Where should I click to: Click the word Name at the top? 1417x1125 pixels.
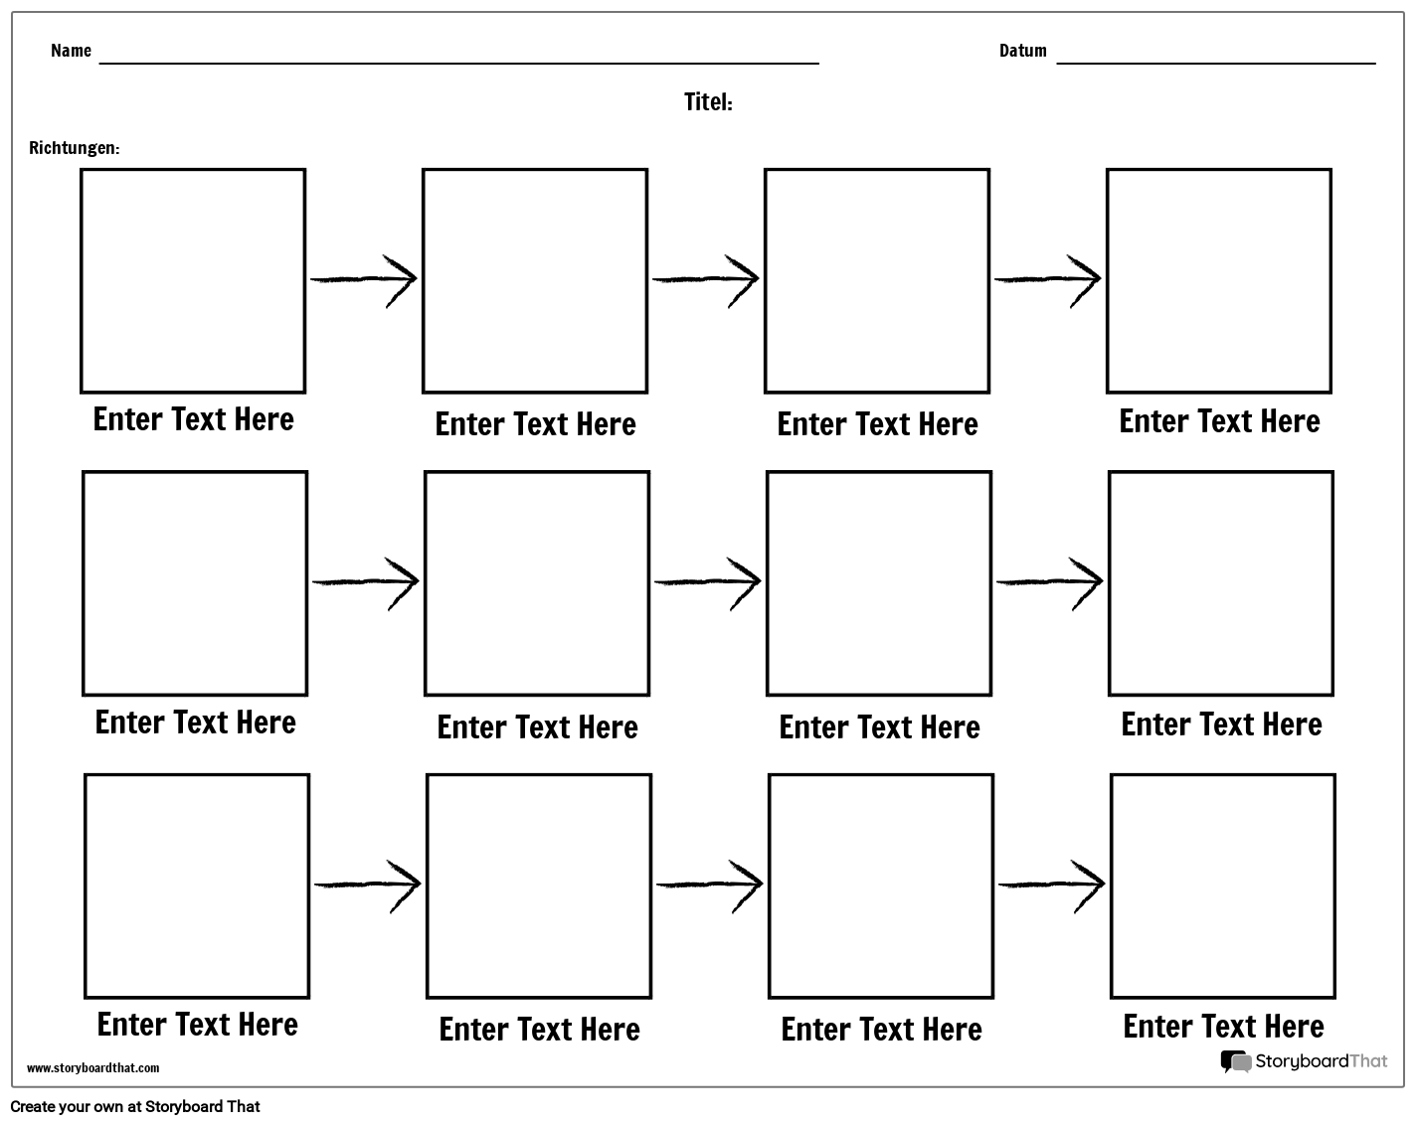71,51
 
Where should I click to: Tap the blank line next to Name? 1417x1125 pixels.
458,61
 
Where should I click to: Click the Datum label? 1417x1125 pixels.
1022,51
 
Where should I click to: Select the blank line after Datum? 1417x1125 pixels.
1215,61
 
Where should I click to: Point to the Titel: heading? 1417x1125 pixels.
708,102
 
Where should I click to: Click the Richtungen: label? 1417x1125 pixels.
75,148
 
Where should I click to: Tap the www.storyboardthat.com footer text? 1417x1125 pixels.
92,1068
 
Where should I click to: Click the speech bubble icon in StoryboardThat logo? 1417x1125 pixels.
1236,1061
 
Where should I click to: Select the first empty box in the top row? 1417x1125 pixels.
193,280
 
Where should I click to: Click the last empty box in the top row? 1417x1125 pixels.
1218,280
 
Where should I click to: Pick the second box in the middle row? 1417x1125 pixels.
537,583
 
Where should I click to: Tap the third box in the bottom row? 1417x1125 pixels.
881,885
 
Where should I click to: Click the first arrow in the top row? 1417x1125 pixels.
364,279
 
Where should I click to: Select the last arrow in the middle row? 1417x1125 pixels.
1050,581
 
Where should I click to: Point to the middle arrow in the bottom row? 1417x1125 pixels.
709,884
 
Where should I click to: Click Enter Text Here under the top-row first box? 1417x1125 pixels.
193,419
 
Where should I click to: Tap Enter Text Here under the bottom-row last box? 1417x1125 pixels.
1223,1027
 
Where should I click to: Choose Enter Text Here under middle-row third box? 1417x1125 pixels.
879,727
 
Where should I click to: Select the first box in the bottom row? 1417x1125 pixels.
197,885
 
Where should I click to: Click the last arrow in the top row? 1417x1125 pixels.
1048,279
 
